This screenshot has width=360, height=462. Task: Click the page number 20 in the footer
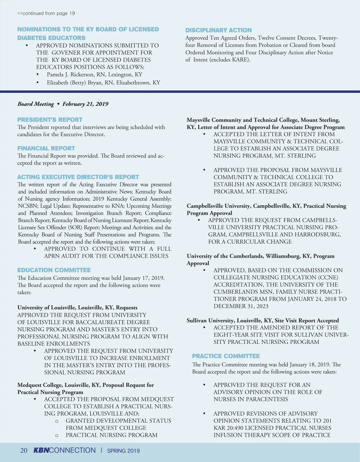[24, 450]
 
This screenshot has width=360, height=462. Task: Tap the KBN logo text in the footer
[41, 450]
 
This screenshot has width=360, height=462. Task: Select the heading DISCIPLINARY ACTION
[218, 30]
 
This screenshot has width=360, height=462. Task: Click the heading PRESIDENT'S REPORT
[50, 119]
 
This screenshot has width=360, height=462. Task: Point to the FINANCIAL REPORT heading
[46, 148]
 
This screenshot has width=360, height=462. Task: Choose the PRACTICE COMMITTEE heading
[226, 356]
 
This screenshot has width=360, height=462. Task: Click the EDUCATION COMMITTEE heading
[54, 270]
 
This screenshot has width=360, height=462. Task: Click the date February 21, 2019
[85, 104]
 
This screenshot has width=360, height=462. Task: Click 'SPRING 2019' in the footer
[123, 451]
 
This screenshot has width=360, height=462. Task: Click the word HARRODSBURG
[320, 234]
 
